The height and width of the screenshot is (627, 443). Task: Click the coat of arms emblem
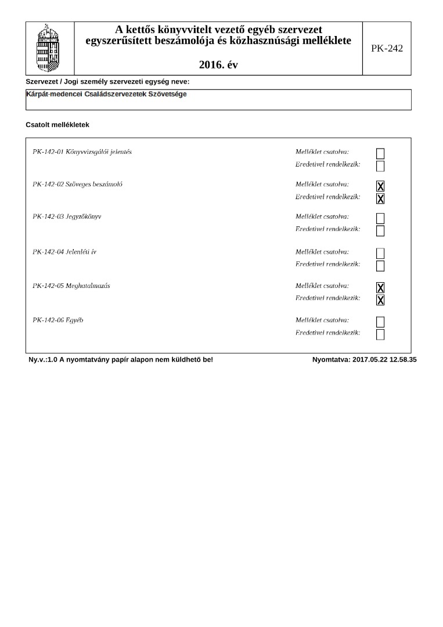(49, 48)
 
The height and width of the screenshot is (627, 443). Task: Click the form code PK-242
(387, 49)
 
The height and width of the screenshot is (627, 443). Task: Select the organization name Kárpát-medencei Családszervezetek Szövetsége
(106, 94)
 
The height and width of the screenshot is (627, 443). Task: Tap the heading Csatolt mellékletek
(57, 125)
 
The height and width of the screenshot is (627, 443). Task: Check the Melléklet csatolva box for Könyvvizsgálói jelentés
(380, 154)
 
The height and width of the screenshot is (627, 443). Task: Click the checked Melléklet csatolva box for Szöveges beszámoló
(380, 186)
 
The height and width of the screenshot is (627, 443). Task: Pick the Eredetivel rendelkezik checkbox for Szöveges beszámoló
(380, 199)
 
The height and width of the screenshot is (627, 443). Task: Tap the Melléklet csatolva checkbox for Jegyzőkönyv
(380, 218)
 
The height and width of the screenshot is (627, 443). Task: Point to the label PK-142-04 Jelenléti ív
(67, 252)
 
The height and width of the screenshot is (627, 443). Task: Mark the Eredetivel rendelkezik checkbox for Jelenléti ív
(380, 266)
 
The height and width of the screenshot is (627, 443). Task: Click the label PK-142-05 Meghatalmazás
(71, 286)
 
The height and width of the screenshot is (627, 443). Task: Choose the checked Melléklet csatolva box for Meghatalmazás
(380, 287)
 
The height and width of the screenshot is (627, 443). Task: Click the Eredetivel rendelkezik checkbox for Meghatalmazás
(380, 300)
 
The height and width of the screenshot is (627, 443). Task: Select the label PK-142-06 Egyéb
(58, 320)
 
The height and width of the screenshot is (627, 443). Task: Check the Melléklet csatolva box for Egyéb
(380, 322)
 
